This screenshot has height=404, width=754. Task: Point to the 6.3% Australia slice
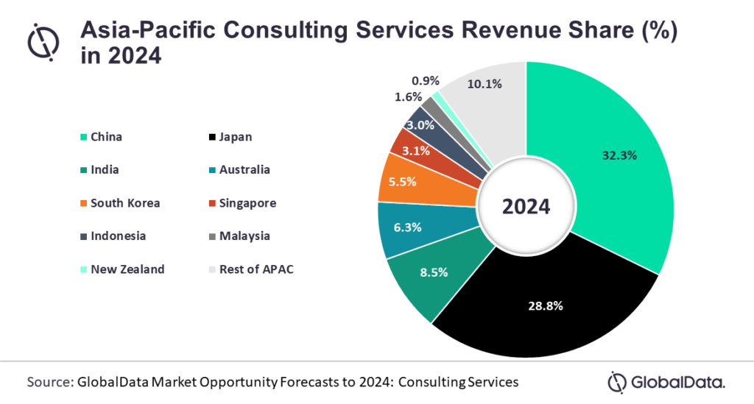[x=408, y=228]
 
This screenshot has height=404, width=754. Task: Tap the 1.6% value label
[x=408, y=96]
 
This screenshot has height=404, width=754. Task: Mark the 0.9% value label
[x=426, y=80]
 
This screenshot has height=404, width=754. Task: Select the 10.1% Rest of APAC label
[x=485, y=84]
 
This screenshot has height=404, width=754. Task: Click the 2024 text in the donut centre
[x=526, y=207]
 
